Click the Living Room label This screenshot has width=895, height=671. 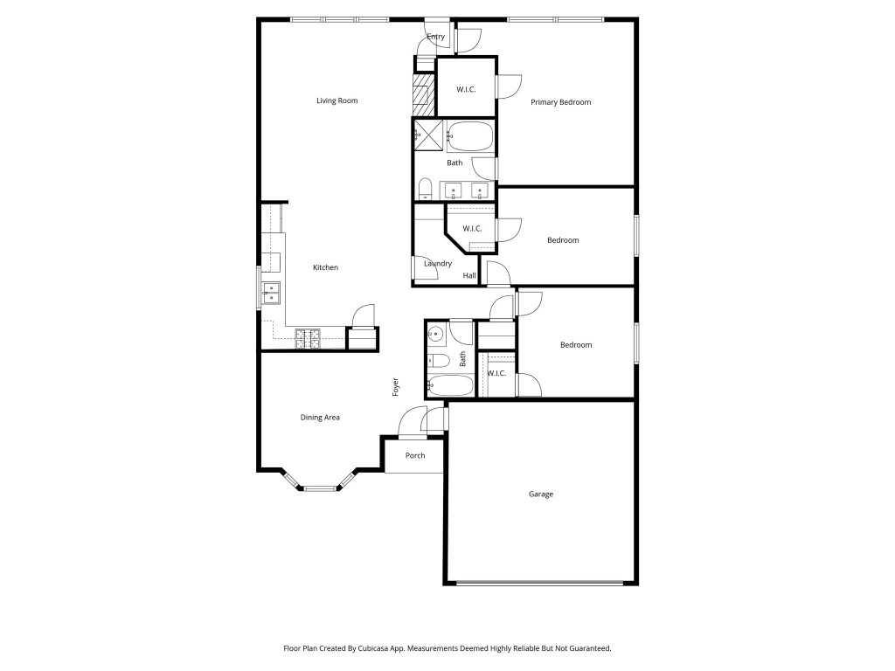tap(336, 101)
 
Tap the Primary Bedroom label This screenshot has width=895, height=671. tap(560, 102)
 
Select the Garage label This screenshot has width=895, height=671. tap(540, 495)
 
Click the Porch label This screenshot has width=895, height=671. tap(415, 455)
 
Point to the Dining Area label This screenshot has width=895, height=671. tap(320, 418)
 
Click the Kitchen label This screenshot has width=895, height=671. tap(325, 267)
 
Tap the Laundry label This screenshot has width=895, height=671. tap(437, 264)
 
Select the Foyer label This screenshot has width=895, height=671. tap(396, 387)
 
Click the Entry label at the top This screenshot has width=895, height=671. tap(435, 37)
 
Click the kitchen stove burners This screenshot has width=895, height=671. tap(308, 338)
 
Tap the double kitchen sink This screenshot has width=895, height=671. tap(271, 293)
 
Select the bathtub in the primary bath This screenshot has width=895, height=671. tap(469, 137)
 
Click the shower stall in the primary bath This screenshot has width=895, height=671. tap(428, 135)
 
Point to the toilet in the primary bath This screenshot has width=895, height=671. tap(425, 189)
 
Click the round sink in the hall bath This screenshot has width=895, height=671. tap(438, 334)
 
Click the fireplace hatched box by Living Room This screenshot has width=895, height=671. tap(424, 94)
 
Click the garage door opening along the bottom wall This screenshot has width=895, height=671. tap(542, 583)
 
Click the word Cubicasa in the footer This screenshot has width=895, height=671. tap(390, 648)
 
